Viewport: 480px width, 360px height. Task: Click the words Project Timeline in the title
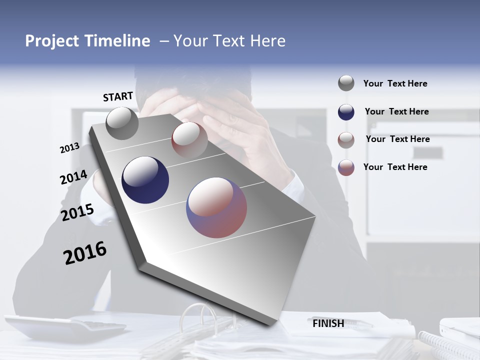(x=87, y=41)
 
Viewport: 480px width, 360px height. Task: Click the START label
(x=118, y=96)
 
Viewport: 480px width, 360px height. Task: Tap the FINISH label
(x=328, y=323)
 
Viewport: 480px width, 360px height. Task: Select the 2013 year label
(x=69, y=148)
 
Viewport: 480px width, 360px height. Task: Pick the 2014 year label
(x=73, y=177)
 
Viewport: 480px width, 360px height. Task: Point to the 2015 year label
(x=77, y=212)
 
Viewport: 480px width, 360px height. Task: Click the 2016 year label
(x=85, y=252)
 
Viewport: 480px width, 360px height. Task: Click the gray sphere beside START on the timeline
(x=122, y=123)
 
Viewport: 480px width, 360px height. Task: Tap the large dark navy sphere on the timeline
(x=145, y=180)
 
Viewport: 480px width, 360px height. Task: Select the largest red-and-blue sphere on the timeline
(x=216, y=207)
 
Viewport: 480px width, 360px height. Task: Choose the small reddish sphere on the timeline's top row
(x=189, y=140)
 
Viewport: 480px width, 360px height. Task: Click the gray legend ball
(x=346, y=83)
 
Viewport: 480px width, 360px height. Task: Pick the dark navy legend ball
(x=346, y=112)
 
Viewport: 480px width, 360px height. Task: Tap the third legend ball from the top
(x=346, y=140)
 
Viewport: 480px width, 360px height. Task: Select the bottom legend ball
(x=346, y=167)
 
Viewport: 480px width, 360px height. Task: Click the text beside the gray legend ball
(x=395, y=83)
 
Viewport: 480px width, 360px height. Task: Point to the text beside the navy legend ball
(x=396, y=111)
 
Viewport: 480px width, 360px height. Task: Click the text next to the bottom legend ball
(x=395, y=167)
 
